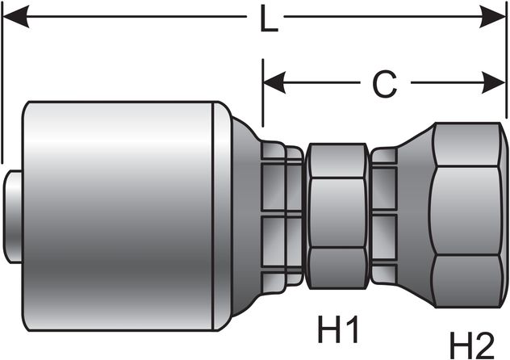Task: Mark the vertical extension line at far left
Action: tap(2, 81)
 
